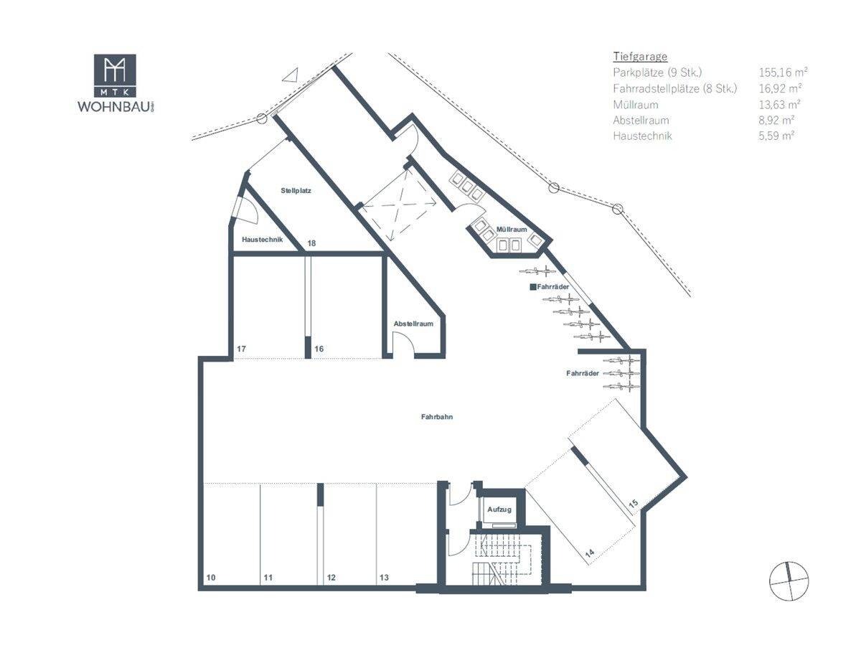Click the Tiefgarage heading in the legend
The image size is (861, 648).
coord(640,56)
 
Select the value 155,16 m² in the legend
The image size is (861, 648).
coord(783,72)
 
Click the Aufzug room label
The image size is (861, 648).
coord(499,510)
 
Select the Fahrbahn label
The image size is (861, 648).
coord(437,416)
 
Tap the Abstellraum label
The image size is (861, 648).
coord(413,324)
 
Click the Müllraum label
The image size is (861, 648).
coord(512,229)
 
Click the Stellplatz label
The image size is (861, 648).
coord(295,191)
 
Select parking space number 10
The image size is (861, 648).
coord(210,577)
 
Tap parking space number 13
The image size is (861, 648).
coord(384,577)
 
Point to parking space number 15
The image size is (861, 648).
coord(633,504)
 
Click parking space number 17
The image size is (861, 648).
coord(242,349)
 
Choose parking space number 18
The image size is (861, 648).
coord(311,244)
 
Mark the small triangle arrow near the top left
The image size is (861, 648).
coord(290,75)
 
